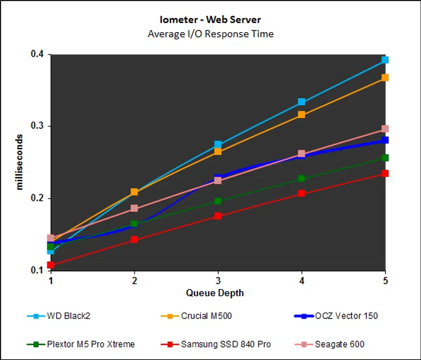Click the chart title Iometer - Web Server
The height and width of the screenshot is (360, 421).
click(x=210, y=20)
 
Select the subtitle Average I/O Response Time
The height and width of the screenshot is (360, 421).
click(x=210, y=34)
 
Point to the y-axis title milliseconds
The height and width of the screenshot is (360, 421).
click(x=20, y=162)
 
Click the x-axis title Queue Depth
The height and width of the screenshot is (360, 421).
click(x=215, y=292)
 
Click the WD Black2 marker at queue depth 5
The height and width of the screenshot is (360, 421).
click(x=385, y=60)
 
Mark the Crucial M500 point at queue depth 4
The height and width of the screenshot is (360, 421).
click(x=302, y=115)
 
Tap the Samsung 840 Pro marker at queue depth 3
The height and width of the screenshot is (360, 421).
click(x=218, y=216)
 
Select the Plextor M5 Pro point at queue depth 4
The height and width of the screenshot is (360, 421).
click(x=302, y=179)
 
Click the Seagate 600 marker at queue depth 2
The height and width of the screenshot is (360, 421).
click(x=134, y=208)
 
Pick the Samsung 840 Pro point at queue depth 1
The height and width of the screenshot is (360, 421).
click(x=51, y=265)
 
